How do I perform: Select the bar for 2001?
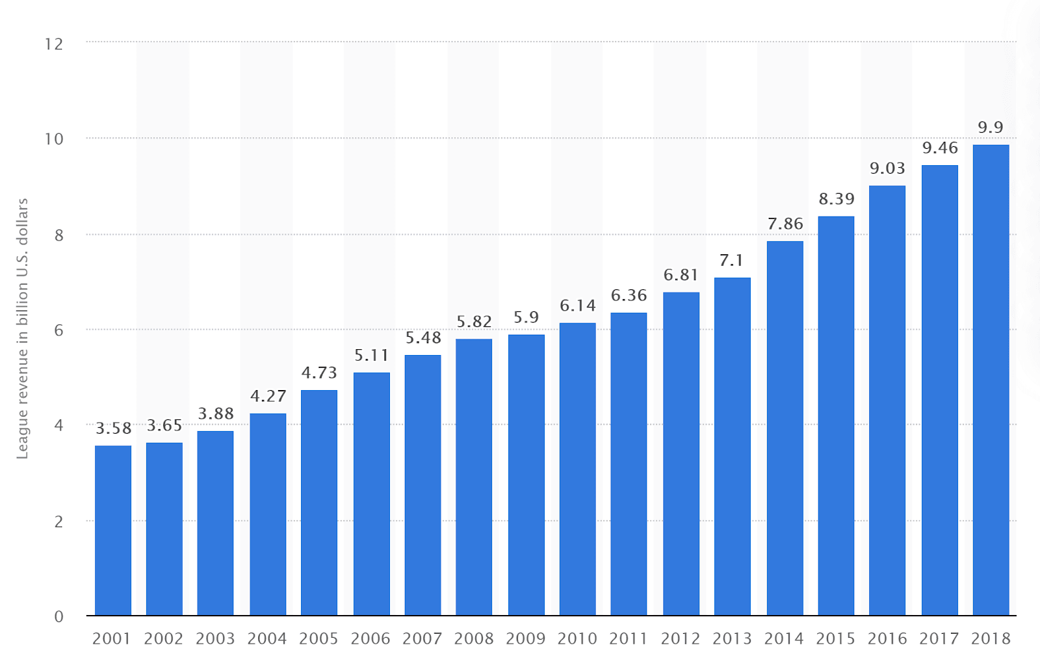113,531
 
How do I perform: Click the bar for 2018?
991,380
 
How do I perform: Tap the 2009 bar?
526,475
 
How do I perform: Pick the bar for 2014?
785,428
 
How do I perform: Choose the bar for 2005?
319,503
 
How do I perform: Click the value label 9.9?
991,127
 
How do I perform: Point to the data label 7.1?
731,261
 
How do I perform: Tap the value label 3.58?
113,428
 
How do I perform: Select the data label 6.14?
578,306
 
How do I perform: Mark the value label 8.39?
836,199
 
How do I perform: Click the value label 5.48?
423,337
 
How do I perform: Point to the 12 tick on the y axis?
54,44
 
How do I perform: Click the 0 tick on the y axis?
59,616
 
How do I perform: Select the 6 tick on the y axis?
59,330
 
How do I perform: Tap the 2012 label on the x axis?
680,639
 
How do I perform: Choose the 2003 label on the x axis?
215,639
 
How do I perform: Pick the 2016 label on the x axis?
887,639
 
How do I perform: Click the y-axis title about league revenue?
22,329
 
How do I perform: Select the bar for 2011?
629,464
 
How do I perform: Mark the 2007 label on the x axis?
422,639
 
